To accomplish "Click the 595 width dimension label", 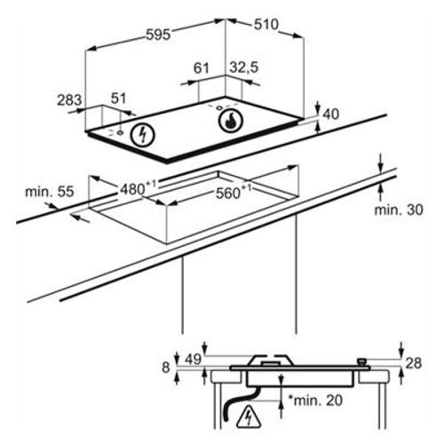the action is pos(158,35).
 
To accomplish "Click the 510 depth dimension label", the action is pos(266,25).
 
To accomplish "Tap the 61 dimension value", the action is pos(202,68).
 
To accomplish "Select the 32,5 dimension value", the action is pos(244,67).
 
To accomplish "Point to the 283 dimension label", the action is pos(69,99).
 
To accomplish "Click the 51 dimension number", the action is pos(118,99).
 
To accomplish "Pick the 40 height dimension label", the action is pos(330,115).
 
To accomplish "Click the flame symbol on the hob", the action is pos(231,121).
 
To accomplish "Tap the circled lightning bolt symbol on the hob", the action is pos(143,135).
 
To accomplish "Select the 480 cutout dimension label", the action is pos(138,188).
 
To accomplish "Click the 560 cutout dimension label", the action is pos(234,193).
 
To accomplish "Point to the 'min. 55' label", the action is pos(50,192).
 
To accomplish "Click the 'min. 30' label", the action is pos(399,210).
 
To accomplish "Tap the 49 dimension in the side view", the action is pos(193,359).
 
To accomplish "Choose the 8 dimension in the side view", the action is pos(166,368).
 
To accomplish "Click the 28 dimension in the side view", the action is pos(413,363).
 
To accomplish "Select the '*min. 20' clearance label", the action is pos(315,400).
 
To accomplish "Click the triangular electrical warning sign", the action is pos(249,418).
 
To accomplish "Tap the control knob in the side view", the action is pos(362,362).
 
